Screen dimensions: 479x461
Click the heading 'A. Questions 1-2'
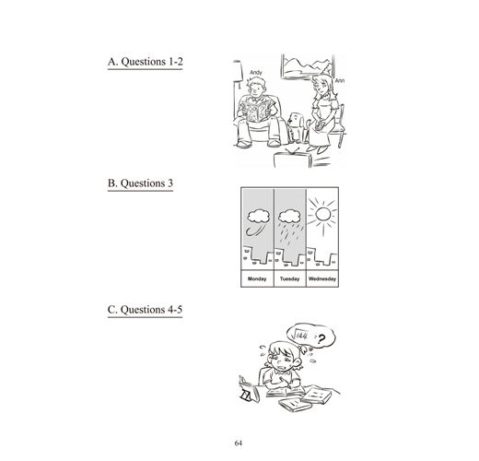click(145, 62)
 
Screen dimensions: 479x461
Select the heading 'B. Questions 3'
click(140, 183)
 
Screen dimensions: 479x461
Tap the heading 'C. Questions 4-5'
click(145, 309)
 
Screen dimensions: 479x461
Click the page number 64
click(239, 443)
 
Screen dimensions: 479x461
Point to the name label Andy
click(256, 73)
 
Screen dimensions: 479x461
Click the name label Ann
click(339, 80)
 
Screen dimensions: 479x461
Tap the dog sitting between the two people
click(296, 127)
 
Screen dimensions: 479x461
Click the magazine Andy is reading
click(256, 110)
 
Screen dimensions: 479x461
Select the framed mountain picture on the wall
click(308, 66)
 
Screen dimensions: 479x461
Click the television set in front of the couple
click(293, 158)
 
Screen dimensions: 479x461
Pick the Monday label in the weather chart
click(257, 279)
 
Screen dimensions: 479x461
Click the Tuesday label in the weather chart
click(289, 279)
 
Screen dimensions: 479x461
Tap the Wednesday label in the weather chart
click(322, 279)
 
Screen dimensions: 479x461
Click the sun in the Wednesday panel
click(323, 214)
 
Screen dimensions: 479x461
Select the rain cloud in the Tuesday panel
click(289, 217)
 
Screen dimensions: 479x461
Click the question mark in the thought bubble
click(321, 339)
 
